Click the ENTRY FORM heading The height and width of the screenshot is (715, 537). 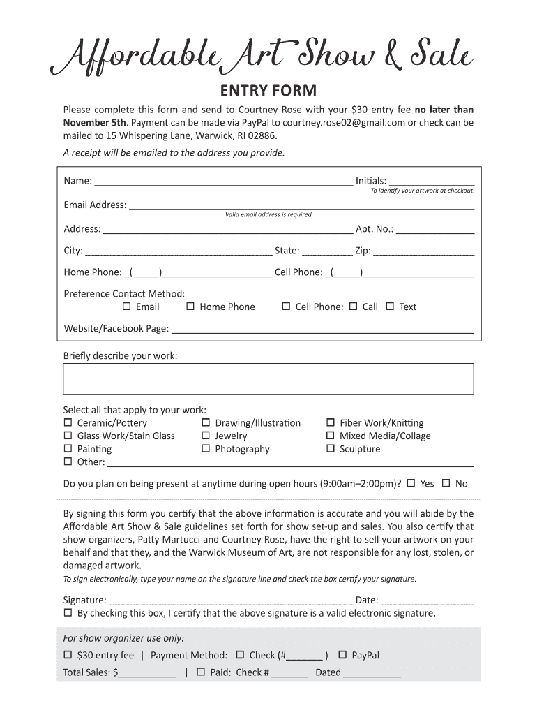(268, 91)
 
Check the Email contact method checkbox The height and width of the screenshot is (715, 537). (127, 307)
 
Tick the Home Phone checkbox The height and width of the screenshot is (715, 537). (190, 307)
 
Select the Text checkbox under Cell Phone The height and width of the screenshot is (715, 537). (390, 307)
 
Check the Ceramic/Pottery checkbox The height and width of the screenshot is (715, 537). (68, 423)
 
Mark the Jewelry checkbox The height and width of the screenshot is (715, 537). (206, 436)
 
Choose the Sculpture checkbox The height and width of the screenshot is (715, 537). (331, 449)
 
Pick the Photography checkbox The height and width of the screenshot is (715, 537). (206, 449)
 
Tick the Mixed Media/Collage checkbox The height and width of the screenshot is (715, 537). (331, 436)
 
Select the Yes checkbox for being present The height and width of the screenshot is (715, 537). (411, 483)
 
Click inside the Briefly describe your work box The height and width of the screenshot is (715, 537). (268, 378)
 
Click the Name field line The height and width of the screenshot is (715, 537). (223, 182)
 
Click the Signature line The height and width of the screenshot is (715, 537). (230, 600)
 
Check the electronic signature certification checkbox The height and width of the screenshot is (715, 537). (68, 613)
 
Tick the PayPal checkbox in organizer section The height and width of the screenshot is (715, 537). (342, 655)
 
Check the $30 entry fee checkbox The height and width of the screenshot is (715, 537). (68, 655)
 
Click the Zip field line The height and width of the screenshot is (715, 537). (424, 252)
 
